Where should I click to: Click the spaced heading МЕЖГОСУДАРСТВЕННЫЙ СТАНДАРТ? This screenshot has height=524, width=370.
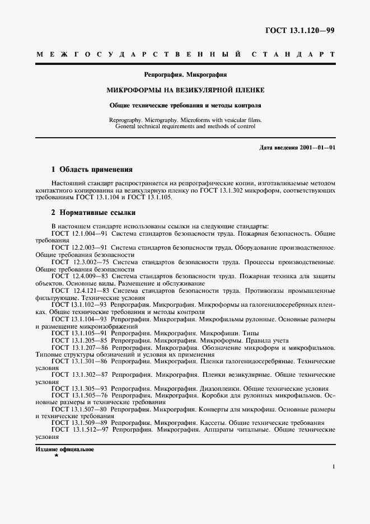click(x=185, y=55)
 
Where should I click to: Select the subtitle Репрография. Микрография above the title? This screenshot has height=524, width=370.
click(x=185, y=74)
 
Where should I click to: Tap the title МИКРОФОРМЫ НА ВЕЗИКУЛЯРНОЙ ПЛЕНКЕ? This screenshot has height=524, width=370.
click(x=185, y=90)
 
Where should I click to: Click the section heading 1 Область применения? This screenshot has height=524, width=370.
click(x=92, y=169)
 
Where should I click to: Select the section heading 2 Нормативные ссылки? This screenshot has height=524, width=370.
click(x=93, y=213)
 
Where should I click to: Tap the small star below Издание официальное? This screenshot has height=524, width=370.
click(x=56, y=456)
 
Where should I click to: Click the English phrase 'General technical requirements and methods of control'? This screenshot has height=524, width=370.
click(x=185, y=126)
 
